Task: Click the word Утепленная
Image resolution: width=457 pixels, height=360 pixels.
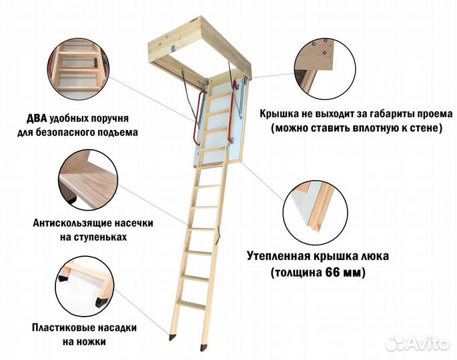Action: [280, 256]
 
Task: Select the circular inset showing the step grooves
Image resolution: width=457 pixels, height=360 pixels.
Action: [83, 177]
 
